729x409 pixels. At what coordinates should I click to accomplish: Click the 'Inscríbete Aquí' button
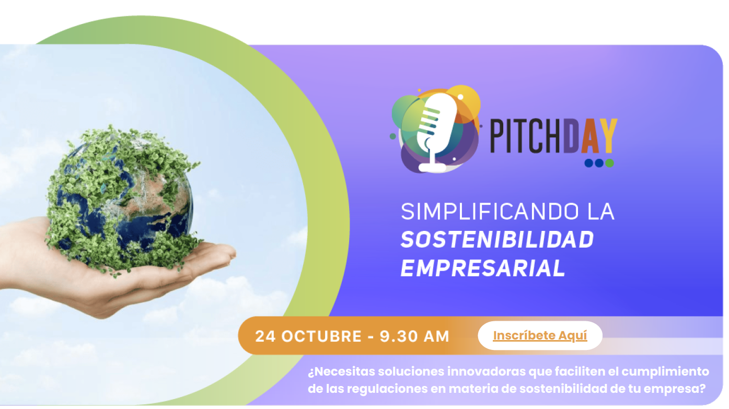[540, 335]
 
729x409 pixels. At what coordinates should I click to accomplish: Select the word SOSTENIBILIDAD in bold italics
[497, 240]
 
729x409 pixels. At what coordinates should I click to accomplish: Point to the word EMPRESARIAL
[483, 268]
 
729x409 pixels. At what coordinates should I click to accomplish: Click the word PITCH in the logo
[527, 136]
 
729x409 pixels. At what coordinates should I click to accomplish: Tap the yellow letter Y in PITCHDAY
[608, 136]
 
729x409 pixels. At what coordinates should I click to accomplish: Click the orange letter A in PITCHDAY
[590, 136]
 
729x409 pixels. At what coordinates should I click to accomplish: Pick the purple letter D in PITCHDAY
[572, 136]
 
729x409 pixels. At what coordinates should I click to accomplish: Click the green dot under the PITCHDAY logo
[609, 162]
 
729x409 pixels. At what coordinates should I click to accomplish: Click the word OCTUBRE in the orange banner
[321, 336]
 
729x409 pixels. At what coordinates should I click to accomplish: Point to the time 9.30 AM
[414, 336]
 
